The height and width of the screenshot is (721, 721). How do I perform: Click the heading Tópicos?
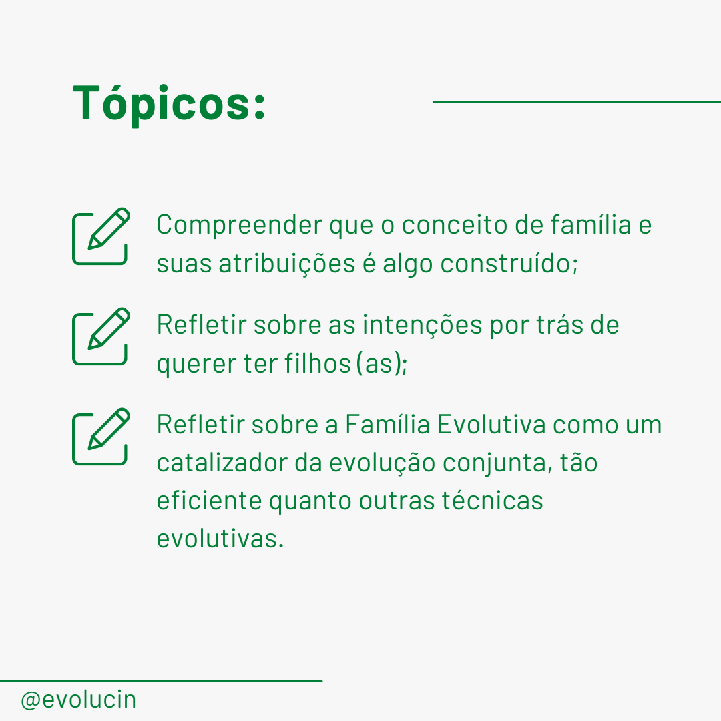169,105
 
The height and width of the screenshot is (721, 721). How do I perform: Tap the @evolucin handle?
79,700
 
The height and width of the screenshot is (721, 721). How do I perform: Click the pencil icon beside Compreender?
101,236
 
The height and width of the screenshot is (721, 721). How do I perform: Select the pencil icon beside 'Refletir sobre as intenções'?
101,336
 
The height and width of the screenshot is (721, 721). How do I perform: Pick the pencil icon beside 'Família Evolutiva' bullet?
101,437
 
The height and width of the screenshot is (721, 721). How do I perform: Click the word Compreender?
240,226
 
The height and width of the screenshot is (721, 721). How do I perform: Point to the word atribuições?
287,264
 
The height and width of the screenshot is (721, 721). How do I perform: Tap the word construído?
509,264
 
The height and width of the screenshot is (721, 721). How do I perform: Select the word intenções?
423,326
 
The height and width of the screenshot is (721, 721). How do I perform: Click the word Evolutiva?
491,424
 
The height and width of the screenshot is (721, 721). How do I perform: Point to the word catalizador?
222,463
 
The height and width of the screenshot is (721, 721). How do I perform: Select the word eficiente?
210,500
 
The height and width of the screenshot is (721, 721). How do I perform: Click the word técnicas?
493,500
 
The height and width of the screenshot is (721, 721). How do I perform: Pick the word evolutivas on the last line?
220,539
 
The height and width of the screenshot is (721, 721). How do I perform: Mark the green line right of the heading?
577,101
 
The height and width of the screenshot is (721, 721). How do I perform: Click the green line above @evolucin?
161,681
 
